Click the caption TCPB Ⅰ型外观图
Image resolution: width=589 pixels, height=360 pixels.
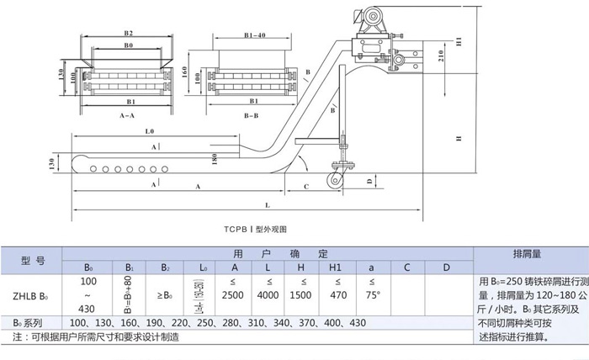click(x=256, y=228)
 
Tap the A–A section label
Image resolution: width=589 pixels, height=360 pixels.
click(x=129, y=113)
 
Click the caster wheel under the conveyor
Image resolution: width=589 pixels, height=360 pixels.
click(x=339, y=179)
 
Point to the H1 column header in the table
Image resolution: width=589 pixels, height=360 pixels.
click(x=340, y=267)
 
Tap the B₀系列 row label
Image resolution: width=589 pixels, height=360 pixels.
click(x=27, y=323)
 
